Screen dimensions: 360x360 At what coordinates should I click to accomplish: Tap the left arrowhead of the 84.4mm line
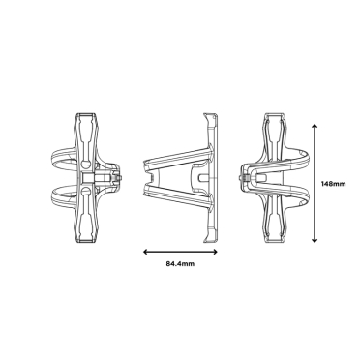(x=145, y=251)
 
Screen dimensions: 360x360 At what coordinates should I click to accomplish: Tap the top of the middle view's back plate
(x=213, y=117)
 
